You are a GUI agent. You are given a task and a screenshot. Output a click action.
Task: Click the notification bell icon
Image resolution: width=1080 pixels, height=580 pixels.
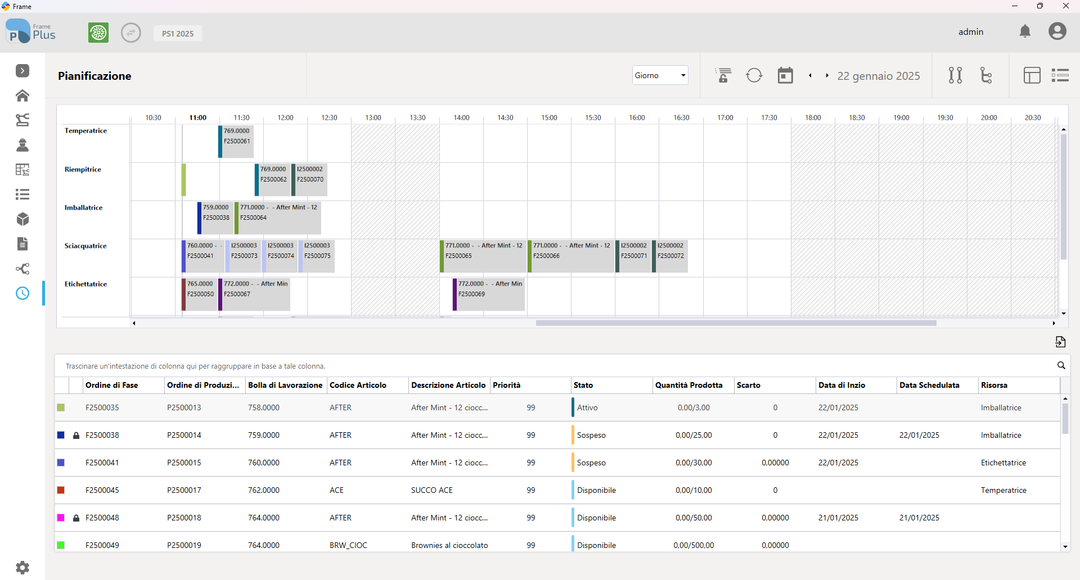coord(1025,31)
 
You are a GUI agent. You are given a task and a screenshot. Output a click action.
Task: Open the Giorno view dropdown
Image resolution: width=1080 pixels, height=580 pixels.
coord(660,75)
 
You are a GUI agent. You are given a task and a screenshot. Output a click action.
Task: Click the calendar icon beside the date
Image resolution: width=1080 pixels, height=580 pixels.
coord(785,75)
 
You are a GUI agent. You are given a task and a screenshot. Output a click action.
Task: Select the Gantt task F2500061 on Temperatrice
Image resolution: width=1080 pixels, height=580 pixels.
coord(236,142)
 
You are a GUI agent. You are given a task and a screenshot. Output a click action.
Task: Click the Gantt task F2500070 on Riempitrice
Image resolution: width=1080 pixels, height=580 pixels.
coord(309,180)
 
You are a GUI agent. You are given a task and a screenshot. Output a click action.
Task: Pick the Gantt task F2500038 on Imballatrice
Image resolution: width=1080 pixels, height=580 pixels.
coord(215,218)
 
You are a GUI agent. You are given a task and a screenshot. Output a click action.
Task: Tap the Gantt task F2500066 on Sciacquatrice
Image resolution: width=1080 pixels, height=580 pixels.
coord(571,256)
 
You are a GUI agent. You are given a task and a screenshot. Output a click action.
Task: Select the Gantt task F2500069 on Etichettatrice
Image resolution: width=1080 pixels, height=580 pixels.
coord(489,294)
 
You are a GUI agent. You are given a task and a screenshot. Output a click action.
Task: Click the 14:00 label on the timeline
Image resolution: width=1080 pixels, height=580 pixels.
coord(461,117)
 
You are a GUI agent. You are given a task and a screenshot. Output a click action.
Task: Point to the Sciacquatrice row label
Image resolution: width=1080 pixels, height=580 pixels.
coord(85,246)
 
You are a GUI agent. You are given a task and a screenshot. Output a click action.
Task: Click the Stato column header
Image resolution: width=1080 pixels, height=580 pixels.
coord(583,385)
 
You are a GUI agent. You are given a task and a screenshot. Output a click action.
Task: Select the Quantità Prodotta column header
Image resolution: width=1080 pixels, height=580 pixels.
coord(688,385)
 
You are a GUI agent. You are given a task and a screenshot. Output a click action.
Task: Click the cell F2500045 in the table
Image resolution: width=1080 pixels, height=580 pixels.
coord(102,490)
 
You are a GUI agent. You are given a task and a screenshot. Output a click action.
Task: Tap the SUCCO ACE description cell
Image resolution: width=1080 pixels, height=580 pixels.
coord(432,490)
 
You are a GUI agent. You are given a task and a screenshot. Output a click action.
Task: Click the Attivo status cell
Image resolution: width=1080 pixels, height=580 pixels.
coord(587,407)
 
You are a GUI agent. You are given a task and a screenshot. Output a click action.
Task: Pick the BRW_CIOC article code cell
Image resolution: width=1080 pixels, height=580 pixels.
coord(348,545)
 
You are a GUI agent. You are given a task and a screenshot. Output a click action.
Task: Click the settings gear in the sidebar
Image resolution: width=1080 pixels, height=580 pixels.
coord(22,568)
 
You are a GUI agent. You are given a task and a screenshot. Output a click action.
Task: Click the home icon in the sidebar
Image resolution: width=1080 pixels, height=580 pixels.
coord(22,96)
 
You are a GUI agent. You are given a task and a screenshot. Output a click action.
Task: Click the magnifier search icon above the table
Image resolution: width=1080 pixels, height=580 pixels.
coord(1061,365)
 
